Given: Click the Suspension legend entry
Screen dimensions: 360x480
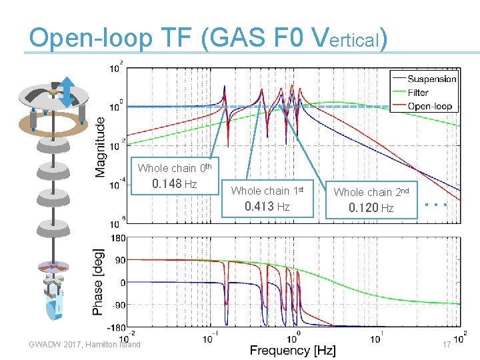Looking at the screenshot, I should [x=431, y=79].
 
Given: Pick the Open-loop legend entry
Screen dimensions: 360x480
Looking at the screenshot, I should [x=429, y=105].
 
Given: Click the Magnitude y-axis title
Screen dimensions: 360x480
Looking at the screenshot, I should [x=100, y=147].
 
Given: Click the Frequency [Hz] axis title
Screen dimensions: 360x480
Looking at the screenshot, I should [x=293, y=350].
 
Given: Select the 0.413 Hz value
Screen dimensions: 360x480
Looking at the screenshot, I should [x=267, y=207].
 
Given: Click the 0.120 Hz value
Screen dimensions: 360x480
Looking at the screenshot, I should [x=371, y=208].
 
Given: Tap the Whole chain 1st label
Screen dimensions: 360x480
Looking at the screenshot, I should [x=267, y=191].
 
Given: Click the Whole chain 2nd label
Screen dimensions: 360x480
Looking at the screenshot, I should [x=372, y=192].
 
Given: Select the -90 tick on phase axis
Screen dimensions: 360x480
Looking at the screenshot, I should [x=119, y=305].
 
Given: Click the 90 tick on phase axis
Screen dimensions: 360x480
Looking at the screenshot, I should [x=121, y=261].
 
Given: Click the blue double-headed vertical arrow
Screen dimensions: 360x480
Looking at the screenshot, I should [x=67, y=92].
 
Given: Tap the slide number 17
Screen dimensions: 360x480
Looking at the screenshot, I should [x=447, y=345].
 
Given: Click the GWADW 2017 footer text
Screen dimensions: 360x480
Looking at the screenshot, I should [x=85, y=344].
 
